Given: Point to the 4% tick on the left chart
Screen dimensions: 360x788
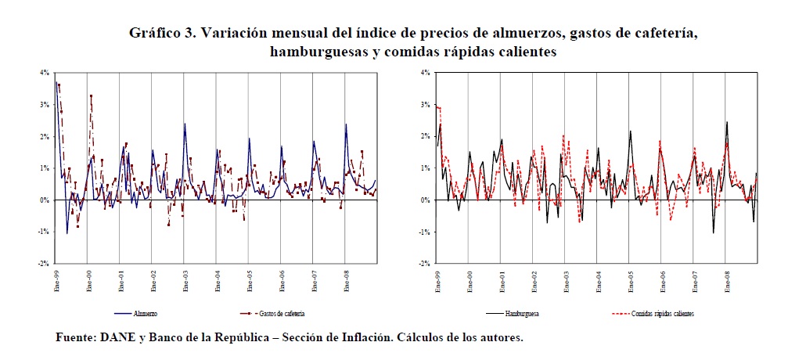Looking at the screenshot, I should pyautogui.click(x=45, y=73).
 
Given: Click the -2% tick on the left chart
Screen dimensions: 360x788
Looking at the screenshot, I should pyautogui.click(x=44, y=264).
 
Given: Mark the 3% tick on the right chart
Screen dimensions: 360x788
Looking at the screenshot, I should pyautogui.click(x=426, y=104).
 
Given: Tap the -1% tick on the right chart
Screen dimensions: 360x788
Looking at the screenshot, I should pyautogui.click(x=425, y=232).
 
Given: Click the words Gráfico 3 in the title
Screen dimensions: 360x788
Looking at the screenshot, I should pyautogui.click(x=161, y=33).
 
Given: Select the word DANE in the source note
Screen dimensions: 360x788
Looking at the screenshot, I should pyautogui.click(x=117, y=338).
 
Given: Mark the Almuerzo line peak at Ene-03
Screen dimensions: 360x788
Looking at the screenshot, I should pyautogui.click(x=185, y=124).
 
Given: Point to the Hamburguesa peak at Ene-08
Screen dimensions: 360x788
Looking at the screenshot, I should pyautogui.click(x=727, y=122).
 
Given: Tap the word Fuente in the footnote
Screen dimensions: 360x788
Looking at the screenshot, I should pyautogui.click(x=73, y=338).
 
